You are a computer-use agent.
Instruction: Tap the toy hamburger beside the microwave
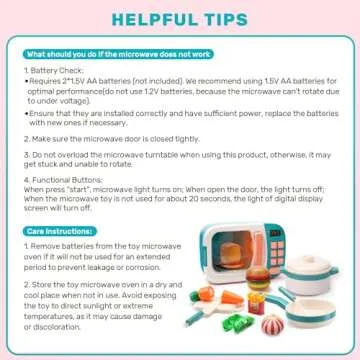(x=249, y=285)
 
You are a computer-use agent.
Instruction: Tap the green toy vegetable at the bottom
(x=242, y=328)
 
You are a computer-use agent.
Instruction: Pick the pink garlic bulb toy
(x=272, y=326)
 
